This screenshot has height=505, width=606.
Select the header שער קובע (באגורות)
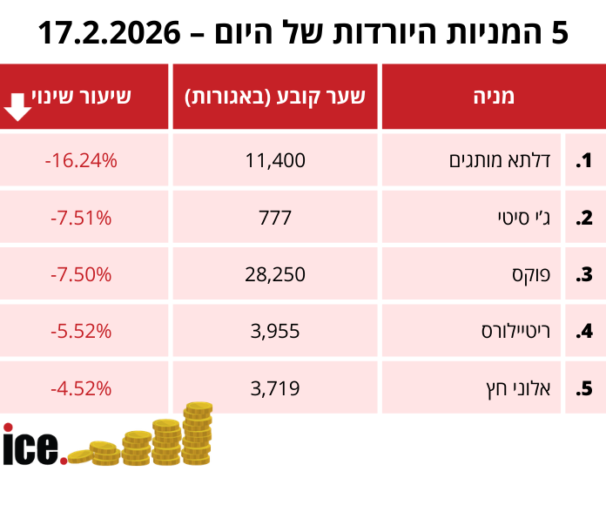[274, 97]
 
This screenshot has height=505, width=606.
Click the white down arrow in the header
[19, 106]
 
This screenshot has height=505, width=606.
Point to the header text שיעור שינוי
[82, 96]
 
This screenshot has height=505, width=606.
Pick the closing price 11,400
[275, 161]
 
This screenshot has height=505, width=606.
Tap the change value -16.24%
[81, 161]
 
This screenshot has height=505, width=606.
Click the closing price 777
[275, 218]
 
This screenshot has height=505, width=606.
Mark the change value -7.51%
[81, 218]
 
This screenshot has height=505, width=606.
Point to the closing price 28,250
[275, 274]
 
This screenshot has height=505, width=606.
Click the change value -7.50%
[81, 274]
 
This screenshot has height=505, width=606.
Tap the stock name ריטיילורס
[515, 331]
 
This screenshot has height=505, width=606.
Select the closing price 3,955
[275, 331]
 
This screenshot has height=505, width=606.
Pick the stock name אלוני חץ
[522, 387]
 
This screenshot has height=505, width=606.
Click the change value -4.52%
[81, 387]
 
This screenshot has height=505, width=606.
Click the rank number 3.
[583, 275]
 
